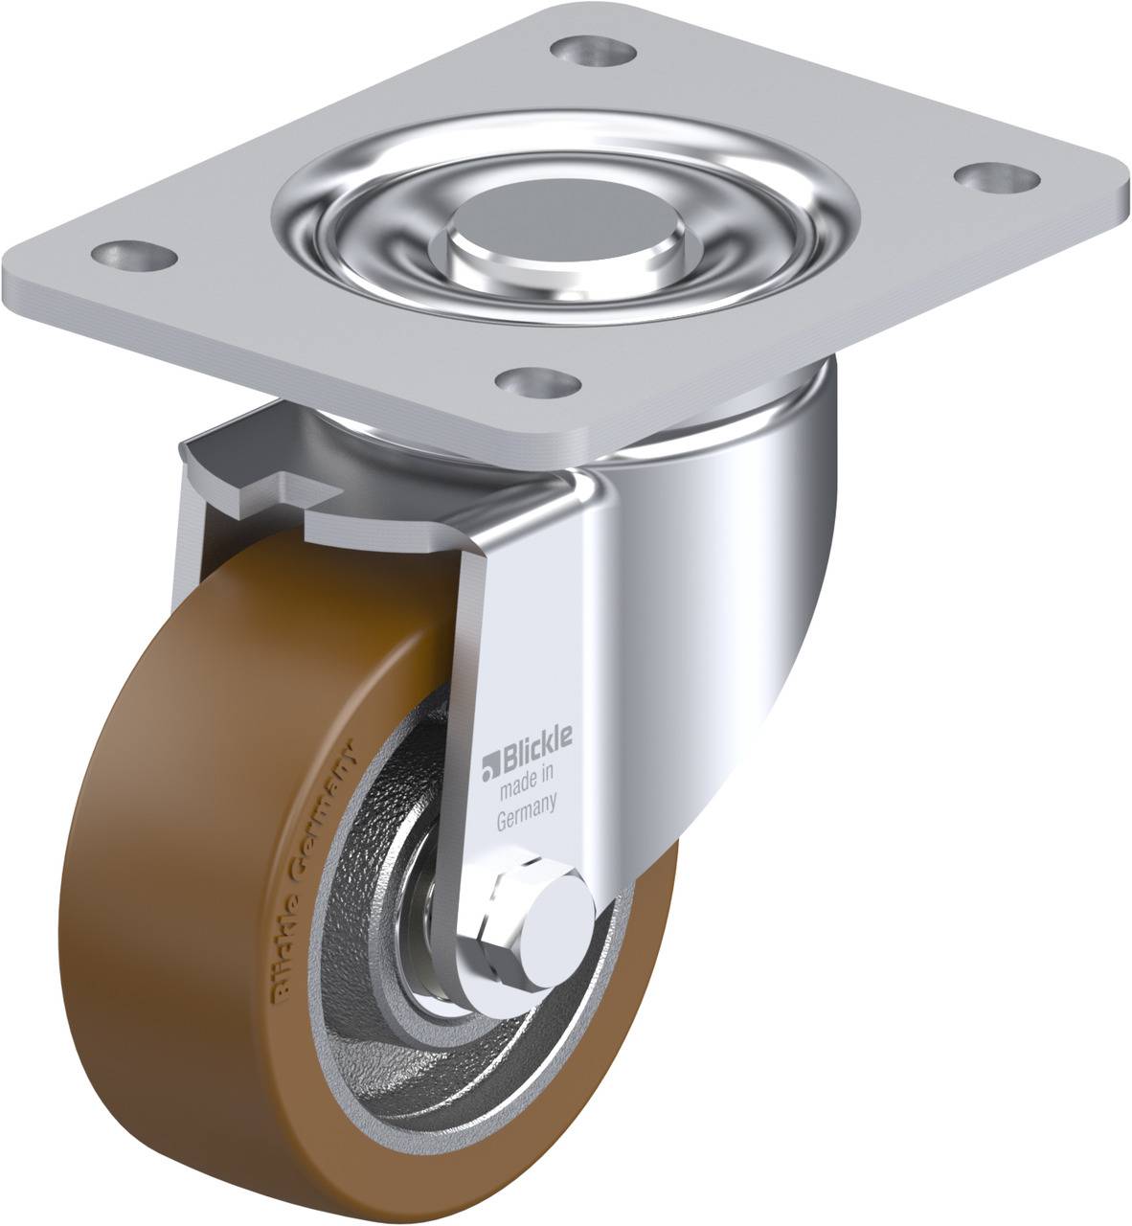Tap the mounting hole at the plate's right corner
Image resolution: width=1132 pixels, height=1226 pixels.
pyautogui.click(x=997, y=178)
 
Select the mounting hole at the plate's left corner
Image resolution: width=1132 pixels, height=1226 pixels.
pyautogui.click(x=134, y=256)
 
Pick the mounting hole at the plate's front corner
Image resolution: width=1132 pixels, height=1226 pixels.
pyautogui.click(x=538, y=383)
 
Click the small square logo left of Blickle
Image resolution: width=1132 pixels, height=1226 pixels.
pyautogui.click(x=491, y=763)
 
